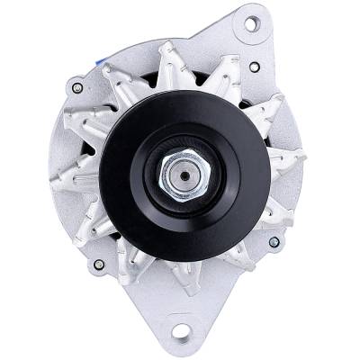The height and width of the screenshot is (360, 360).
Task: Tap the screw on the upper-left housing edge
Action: point(76,88)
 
